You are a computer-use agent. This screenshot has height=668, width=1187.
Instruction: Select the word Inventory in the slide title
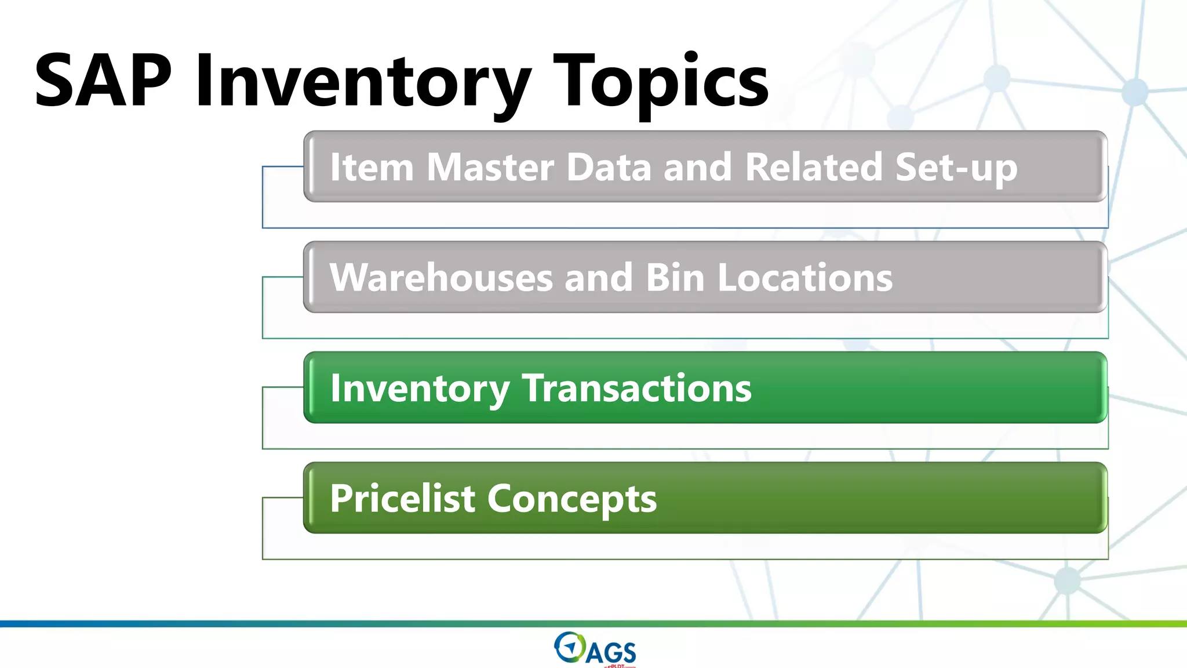[x=363, y=81]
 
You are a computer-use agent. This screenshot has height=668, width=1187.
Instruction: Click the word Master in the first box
[x=490, y=167]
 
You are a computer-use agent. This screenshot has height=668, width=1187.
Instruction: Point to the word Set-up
[x=956, y=168]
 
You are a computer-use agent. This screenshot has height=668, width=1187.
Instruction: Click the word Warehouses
[x=441, y=277]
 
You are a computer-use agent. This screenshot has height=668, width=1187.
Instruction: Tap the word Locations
[x=805, y=277]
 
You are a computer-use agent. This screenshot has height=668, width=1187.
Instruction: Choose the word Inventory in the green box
[x=420, y=389]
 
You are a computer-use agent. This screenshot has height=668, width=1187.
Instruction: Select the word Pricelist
[x=403, y=498]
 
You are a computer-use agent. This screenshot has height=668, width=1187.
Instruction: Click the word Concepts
[x=572, y=499]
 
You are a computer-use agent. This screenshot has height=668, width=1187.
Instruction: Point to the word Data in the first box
[x=609, y=167]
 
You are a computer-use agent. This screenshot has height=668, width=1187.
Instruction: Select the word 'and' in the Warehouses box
[x=598, y=277]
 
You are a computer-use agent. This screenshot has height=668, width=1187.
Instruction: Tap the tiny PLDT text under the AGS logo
[x=617, y=666]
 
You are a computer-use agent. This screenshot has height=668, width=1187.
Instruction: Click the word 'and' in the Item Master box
[x=697, y=167]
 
